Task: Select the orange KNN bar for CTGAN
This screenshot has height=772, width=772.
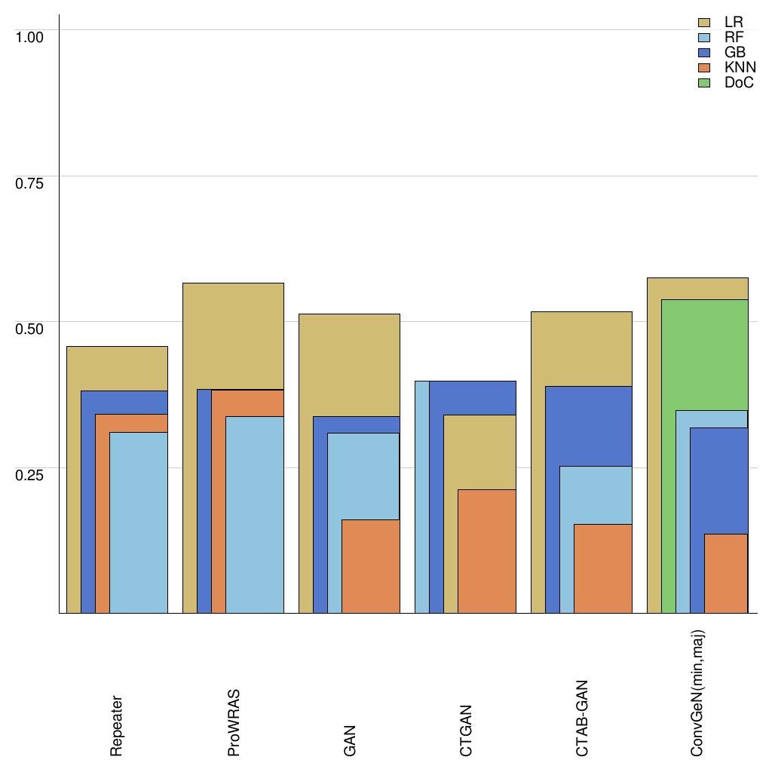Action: (487, 551)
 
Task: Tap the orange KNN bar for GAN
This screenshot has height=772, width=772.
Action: (371, 566)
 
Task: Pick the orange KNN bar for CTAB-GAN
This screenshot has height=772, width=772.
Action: (603, 568)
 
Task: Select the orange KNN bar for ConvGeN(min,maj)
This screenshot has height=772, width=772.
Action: (726, 573)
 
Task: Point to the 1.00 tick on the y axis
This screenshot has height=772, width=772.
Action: (30, 36)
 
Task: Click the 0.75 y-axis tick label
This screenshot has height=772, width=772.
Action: (30, 182)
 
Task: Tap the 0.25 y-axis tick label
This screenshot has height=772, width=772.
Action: (30, 474)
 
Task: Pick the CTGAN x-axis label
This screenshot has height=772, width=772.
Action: (466, 731)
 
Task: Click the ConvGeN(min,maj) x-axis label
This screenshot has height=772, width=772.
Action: (698, 693)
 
